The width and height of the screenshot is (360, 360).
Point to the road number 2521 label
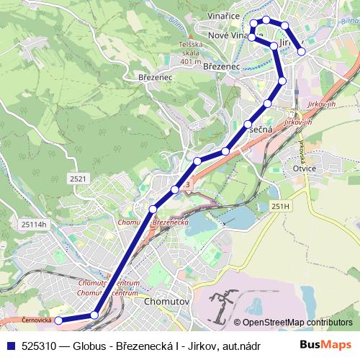pos(79,177)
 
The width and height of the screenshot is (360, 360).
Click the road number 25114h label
pos(32,224)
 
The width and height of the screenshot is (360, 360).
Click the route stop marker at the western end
pos(60,320)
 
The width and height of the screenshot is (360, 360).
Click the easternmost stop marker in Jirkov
pos(302,52)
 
